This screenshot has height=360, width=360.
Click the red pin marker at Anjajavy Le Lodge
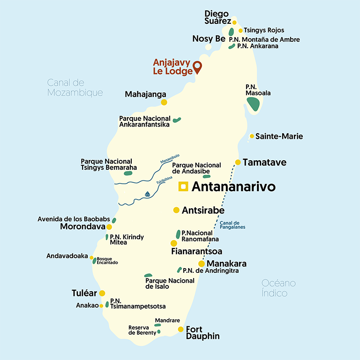click(197, 67)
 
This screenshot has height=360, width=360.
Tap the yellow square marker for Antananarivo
click(184, 187)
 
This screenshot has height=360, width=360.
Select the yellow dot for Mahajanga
click(164, 102)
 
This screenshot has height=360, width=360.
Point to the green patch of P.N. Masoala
click(253, 104)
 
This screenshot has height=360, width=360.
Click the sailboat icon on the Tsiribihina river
click(147, 194)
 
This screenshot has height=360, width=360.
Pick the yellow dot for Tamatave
click(238, 162)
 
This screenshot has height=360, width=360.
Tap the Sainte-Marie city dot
click(252, 136)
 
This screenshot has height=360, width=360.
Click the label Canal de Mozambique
click(75, 88)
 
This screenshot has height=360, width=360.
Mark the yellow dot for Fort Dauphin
click(180, 329)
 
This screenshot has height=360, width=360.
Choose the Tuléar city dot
click(102, 293)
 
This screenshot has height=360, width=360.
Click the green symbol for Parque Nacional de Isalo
click(148, 275)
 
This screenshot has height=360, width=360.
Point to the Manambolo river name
click(170, 159)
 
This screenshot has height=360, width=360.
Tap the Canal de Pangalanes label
click(232, 225)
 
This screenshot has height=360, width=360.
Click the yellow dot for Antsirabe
click(176, 210)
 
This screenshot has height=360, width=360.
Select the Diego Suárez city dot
click(234, 22)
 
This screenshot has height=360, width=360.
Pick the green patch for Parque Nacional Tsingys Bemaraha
click(127, 173)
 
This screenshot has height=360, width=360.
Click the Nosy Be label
click(209, 39)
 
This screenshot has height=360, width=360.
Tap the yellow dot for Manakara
click(202, 263)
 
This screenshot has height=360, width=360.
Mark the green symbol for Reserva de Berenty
click(159, 331)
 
